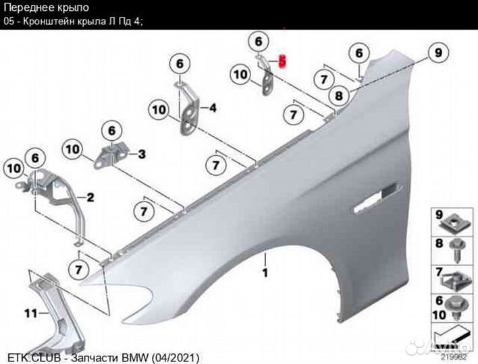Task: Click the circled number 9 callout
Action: point(438,53)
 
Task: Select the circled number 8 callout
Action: point(339,96)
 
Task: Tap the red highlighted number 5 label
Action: point(283,62)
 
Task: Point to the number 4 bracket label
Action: point(213,108)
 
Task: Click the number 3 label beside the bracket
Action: point(142,154)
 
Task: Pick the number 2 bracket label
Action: point(90,198)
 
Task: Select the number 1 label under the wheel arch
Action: point(265,272)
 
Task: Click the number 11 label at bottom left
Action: point(30,313)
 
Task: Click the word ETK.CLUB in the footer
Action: point(34,358)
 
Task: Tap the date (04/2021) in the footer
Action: point(175,358)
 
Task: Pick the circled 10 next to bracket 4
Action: point(159,110)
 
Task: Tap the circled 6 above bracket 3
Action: point(112,131)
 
